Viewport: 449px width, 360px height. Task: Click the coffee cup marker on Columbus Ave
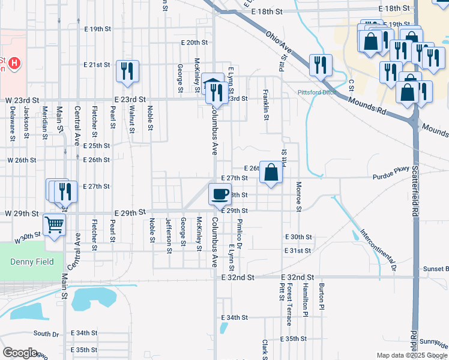point(219,194)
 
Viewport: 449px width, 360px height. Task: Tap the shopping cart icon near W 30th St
point(54,225)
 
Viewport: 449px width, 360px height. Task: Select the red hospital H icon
point(14,62)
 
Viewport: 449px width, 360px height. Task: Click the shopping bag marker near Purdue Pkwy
point(271,173)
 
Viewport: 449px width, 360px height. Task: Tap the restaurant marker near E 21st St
point(127,71)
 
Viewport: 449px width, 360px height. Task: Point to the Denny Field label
point(32,262)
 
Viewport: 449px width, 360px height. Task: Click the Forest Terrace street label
point(289,304)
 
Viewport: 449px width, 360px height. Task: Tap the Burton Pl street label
point(322,296)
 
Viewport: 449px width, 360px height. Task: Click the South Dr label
point(46,334)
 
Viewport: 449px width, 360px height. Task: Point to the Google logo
point(20,353)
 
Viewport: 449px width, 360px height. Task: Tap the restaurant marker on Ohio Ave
point(321,65)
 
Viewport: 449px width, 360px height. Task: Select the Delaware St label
point(12,124)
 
